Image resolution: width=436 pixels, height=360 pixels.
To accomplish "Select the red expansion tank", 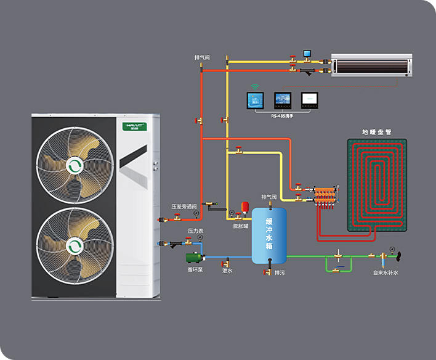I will [244, 205].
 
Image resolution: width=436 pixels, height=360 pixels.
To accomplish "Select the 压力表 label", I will [196, 231].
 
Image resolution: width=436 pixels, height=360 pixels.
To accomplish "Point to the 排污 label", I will [280, 272].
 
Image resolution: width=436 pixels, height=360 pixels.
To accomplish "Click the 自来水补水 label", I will [386, 272].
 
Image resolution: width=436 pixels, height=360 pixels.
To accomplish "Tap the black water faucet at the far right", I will [400, 253].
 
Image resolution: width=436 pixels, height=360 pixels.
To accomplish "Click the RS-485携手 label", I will [283, 115].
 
